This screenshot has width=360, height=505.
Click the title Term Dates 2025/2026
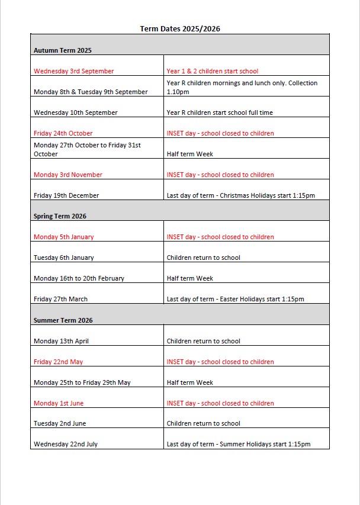(x=180, y=28)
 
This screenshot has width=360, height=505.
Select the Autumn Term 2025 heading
(x=62, y=50)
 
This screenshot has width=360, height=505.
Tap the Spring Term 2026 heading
(x=60, y=216)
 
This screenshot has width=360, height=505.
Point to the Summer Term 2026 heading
(x=63, y=320)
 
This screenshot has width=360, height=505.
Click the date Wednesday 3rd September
(x=73, y=71)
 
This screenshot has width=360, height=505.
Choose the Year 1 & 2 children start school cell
(x=212, y=71)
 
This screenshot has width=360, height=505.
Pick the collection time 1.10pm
(x=178, y=92)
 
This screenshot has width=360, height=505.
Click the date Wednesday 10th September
(x=75, y=112)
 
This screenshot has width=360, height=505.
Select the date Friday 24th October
(x=63, y=133)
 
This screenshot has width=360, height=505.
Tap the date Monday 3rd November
(x=67, y=175)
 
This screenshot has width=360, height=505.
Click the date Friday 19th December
(x=66, y=195)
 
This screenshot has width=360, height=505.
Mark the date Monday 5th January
(x=63, y=237)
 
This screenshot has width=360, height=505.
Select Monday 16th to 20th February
(x=79, y=278)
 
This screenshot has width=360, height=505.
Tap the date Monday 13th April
(x=61, y=341)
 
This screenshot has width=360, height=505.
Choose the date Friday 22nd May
(x=58, y=362)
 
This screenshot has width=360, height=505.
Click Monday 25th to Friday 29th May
(x=82, y=382)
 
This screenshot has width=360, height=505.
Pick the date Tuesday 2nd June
(x=59, y=423)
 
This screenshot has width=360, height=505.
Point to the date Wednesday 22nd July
(x=65, y=444)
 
